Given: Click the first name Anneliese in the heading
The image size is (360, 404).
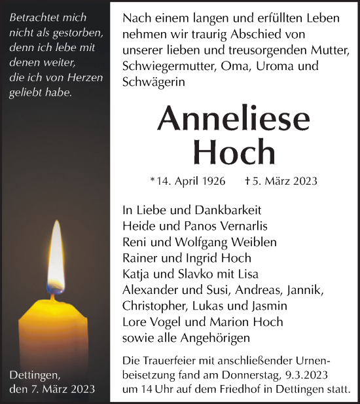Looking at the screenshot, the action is tap(234, 118).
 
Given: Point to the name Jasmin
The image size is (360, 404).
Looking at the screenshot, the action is tap(270, 305).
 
